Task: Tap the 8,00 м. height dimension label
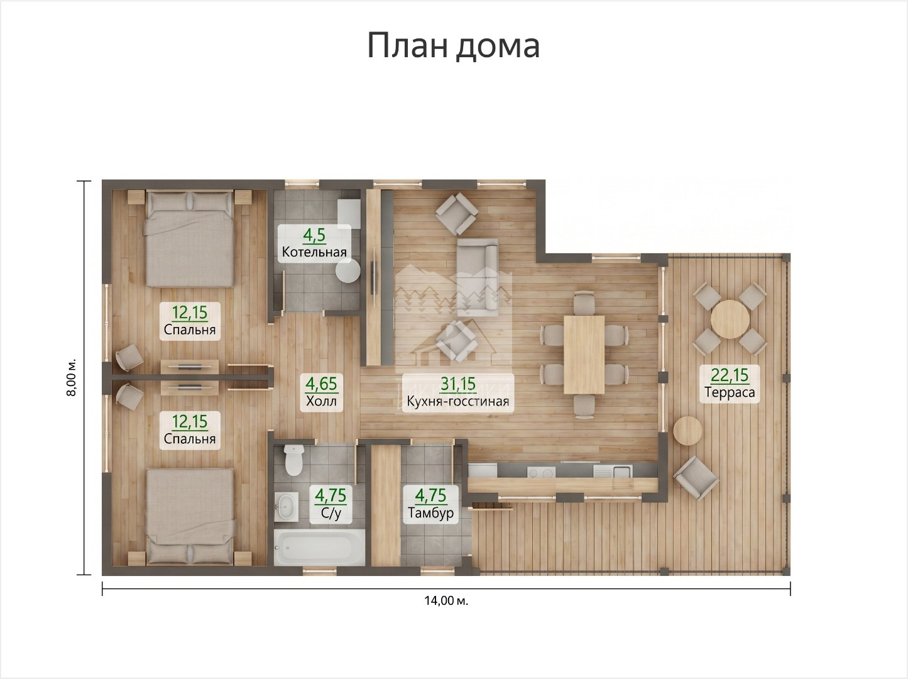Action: tap(72, 377)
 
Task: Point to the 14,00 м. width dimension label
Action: tap(446, 601)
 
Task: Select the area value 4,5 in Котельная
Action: tap(314, 235)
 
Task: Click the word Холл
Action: tap(322, 401)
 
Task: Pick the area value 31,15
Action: tap(458, 384)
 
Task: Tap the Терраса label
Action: tap(730, 392)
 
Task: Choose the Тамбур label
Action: tap(430, 512)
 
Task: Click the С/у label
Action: tap(331, 513)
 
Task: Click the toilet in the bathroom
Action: tap(294, 460)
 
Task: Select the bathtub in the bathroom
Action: tap(319, 547)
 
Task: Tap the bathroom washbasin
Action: tap(287, 505)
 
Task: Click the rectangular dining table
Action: tap(584, 355)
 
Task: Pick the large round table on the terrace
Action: tap(730, 319)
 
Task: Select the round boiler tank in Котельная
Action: tap(348, 270)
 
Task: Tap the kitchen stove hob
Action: tap(541, 473)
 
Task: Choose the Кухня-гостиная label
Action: tap(458, 401)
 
